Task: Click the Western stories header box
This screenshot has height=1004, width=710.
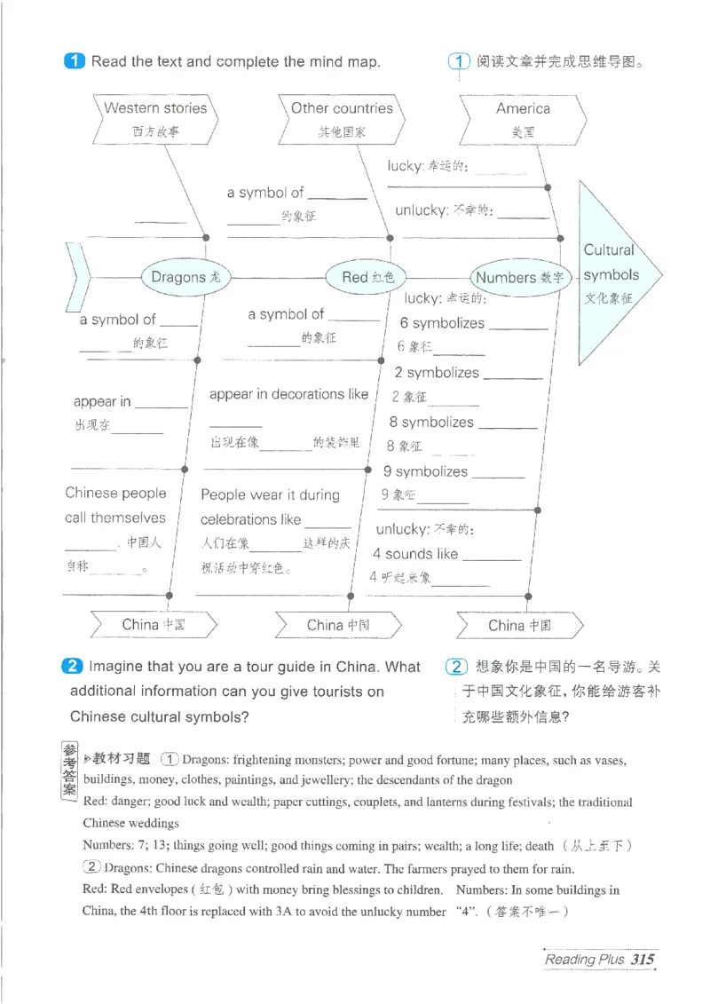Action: [155, 118]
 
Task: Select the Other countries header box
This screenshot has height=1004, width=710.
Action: [342, 118]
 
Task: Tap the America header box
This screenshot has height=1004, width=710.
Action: [523, 118]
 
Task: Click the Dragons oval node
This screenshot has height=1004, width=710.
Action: [185, 277]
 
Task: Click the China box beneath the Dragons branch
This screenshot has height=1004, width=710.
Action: [154, 624]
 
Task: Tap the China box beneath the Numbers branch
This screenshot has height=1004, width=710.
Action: [520, 625]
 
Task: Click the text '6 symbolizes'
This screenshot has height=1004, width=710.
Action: [442, 323]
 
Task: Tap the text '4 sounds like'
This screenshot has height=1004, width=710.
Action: [415, 554]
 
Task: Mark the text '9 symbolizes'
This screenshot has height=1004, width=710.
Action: [425, 471]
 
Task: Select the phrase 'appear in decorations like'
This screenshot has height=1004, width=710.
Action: [288, 394]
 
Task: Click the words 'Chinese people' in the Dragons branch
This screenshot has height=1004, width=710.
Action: [115, 494]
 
